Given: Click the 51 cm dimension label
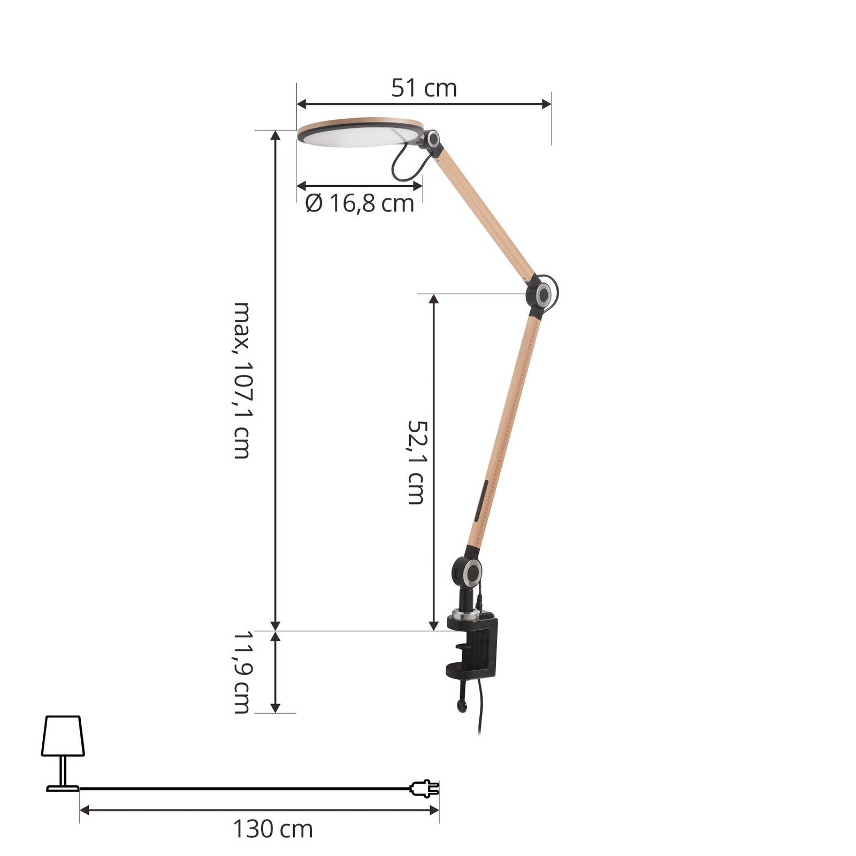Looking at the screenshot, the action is point(424,88).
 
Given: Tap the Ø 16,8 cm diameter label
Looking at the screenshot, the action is point(360,203).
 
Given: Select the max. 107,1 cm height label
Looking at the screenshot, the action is point(242,380).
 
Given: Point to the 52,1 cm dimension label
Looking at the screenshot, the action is point(416,462).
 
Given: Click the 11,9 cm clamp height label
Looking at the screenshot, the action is point(242,672).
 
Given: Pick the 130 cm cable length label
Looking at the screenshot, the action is point(273,829).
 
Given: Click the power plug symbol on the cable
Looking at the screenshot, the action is point(424,788).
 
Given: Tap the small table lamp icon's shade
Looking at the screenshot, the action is point(63,736).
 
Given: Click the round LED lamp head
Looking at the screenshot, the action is point(360,133).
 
